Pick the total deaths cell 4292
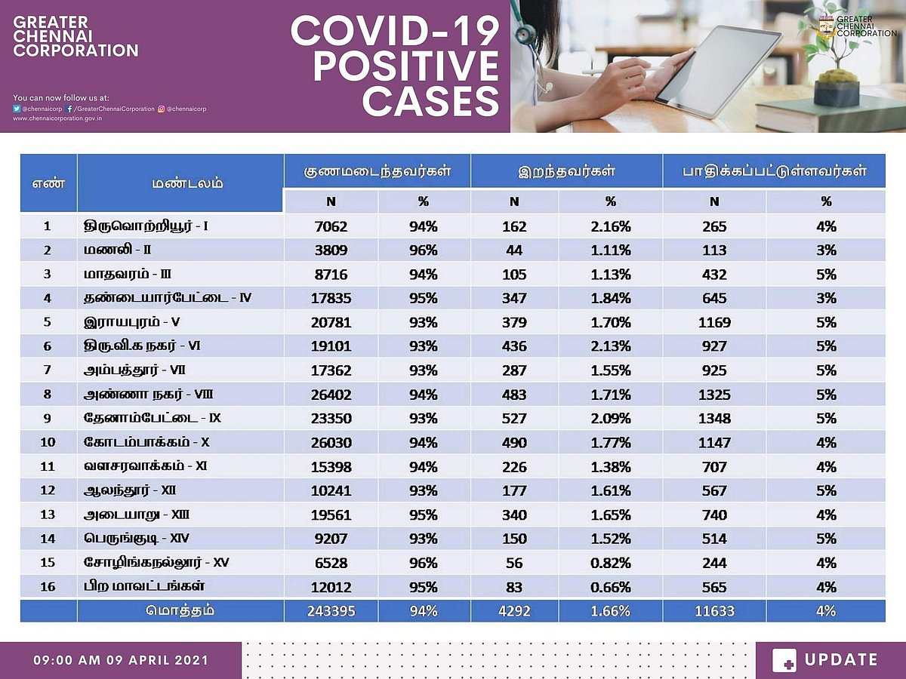[x=514, y=611]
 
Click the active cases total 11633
[x=713, y=611]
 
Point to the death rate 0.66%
[x=611, y=587]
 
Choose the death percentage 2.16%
[x=611, y=226]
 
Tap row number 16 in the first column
[x=48, y=587]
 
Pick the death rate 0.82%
[x=611, y=563]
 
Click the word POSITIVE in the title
[x=405, y=67]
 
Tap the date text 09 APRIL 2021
[x=156, y=660]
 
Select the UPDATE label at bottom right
[x=841, y=660]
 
